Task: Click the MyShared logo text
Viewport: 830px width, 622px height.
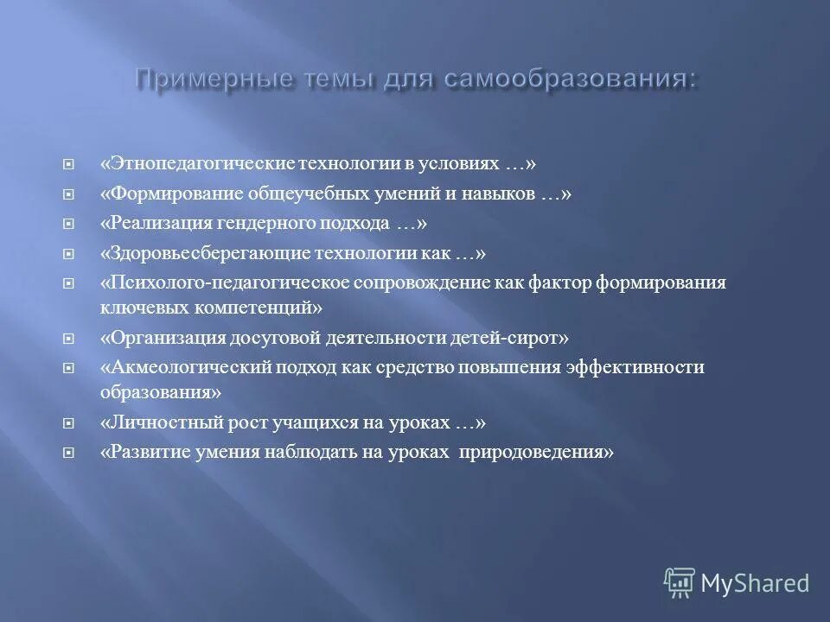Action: (754, 584)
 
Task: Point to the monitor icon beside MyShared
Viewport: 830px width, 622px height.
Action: (680, 582)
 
